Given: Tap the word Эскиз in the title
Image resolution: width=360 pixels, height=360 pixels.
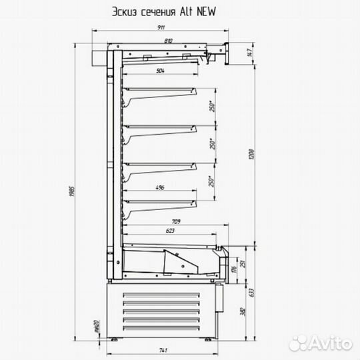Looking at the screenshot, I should [x=127, y=11].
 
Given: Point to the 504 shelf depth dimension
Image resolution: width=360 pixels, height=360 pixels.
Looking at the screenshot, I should [x=160, y=70].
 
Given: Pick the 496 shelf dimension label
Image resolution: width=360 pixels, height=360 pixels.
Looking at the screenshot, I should [x=160, y=189].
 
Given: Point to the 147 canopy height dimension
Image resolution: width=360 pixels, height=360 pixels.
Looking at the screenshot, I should [x=248, y=53].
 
